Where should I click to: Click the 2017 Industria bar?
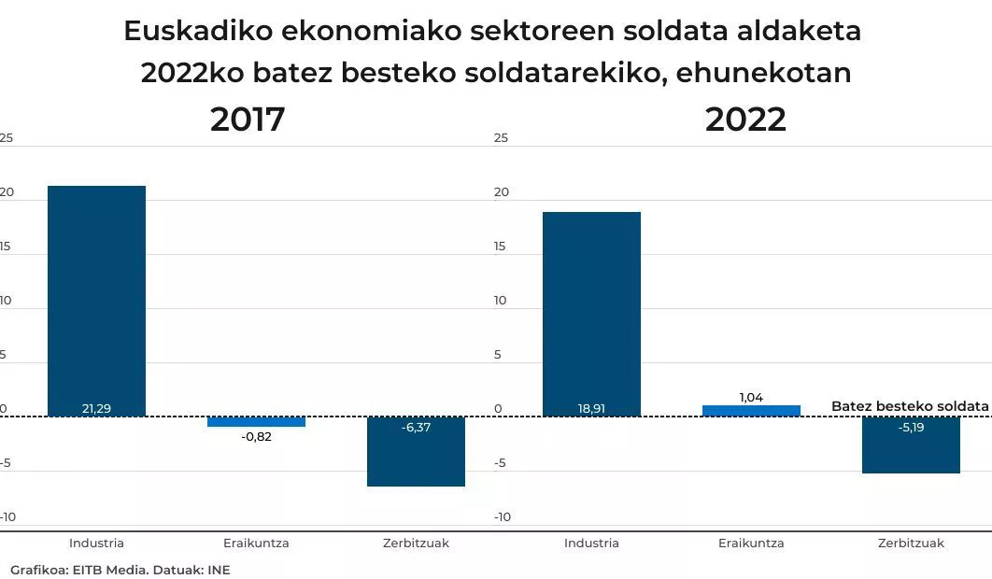click(96, 299)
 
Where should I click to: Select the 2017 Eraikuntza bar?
click(256, 421)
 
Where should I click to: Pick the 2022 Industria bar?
click(591, 313)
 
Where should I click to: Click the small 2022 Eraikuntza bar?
click(751, 411)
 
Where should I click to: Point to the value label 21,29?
click(96, 409)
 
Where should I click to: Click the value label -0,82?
click(256, 436)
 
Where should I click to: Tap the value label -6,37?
click(416, 427)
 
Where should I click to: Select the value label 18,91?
click(591, 409)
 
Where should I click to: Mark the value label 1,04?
click(751, 397)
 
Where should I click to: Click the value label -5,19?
click(911, 427)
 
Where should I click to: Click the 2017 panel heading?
click(248, 120)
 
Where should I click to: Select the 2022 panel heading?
click(745, 120)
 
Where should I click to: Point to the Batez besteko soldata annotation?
click(909, 406)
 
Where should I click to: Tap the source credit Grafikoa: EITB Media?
click(78, 570)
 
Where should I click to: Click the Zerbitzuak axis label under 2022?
click(911, 543)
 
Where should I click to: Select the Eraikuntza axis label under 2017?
click(256, 543)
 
